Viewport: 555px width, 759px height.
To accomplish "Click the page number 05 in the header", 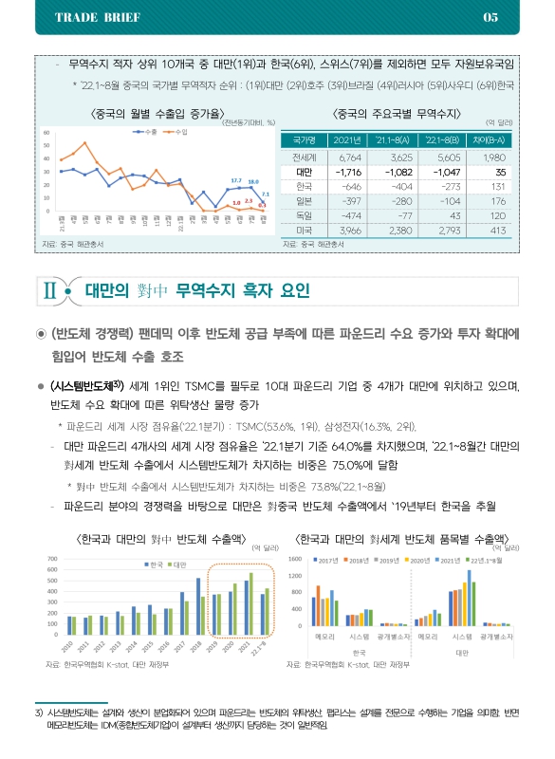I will (490, 17).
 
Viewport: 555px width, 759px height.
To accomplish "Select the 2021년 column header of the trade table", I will (350, 139).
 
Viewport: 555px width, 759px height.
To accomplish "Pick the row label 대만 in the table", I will (305, 172).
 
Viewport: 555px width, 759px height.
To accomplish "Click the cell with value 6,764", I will (350, 156).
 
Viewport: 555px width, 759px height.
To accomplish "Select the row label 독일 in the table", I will (305, 216).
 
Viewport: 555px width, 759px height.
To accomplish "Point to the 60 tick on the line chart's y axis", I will (46, 133).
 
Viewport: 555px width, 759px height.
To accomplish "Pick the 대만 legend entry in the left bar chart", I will (178, 565).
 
